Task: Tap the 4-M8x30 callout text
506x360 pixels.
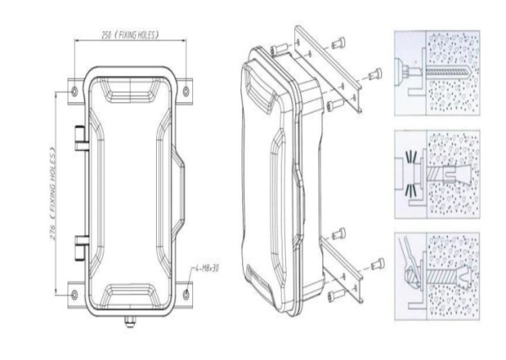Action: click(x=206, y=269)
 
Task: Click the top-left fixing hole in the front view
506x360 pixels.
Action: click(x=75, y=89)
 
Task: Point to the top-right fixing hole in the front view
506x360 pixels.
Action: click(x=187, y=89)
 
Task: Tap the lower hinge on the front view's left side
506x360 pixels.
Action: click(x=79, y=246)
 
